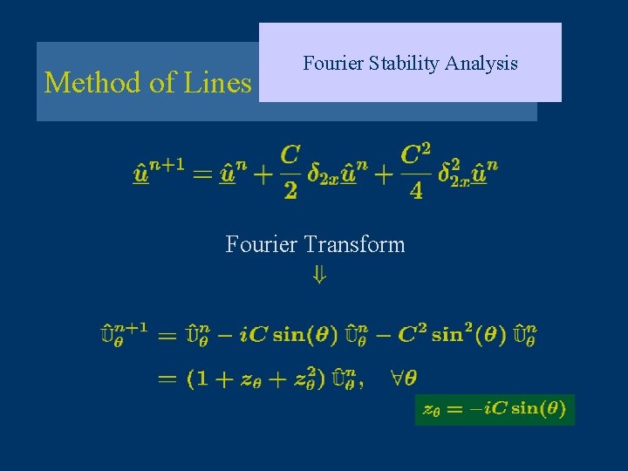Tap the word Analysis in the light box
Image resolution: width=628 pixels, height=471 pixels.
pos(484,63)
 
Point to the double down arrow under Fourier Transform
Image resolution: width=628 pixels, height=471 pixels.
pos(319,276)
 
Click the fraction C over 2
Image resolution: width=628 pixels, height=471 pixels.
pos(290,172)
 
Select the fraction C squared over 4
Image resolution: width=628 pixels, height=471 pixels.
pos(415,172)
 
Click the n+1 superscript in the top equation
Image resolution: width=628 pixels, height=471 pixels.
pos(167,164)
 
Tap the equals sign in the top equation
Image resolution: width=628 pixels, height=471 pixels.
pos(202,174)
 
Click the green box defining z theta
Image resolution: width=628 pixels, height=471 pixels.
pos(495,409)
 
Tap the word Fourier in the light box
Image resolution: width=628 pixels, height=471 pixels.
pos(332,63)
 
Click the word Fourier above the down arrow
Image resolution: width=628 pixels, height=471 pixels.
pos(263,244)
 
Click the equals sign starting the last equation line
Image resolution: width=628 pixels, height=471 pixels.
pos(167,379)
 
